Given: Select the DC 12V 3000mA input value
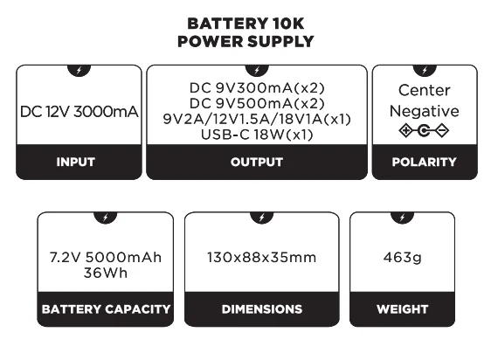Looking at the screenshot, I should point(80,112).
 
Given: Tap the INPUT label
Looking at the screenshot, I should point(75,162).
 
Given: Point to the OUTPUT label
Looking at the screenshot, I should point(257,162).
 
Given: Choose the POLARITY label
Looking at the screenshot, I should point(424,162).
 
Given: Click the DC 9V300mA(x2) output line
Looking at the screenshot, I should point(257,88).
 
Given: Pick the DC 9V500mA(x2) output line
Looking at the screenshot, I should point(257,103).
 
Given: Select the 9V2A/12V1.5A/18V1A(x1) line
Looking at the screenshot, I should point(257,118).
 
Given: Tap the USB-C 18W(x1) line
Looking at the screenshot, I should point(257,134).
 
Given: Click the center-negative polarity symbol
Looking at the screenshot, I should point(424,131).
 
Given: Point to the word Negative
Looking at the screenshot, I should point(424,111).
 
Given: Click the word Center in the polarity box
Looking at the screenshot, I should point(424,90).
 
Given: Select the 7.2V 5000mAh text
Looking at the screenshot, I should point(106,258).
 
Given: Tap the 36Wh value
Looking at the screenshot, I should point(106,273).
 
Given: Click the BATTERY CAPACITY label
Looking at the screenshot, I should point(106,309).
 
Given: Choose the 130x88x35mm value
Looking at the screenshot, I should point(261,258).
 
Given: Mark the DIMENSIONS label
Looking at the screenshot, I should point(261,309).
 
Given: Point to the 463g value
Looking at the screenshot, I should point(402,258).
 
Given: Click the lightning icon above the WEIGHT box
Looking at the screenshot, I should point(402,217).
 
